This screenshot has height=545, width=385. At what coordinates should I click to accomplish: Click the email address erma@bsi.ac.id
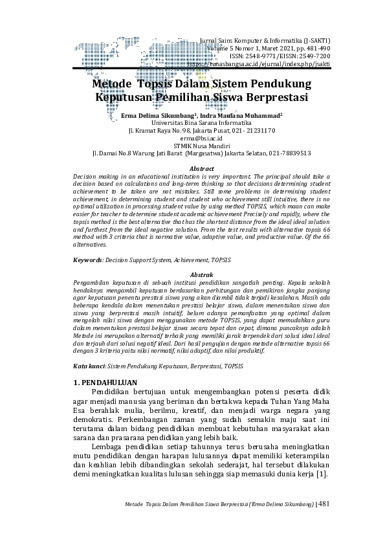pyautogui.click(x=192, y=138)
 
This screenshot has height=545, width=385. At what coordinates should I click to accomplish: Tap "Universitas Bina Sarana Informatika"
pyautogui.click(x=192, y=122)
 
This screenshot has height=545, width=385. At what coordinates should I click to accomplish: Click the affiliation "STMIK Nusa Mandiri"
pyautogui.click(x=192, y=146)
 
